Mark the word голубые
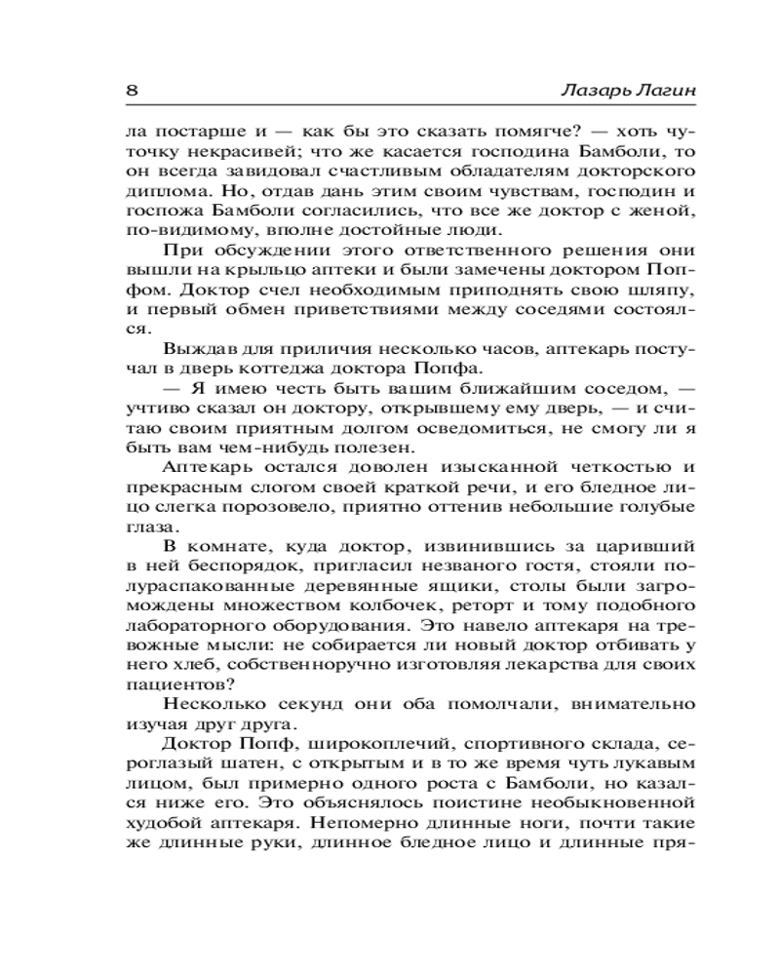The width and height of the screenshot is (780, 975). point(657,507)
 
